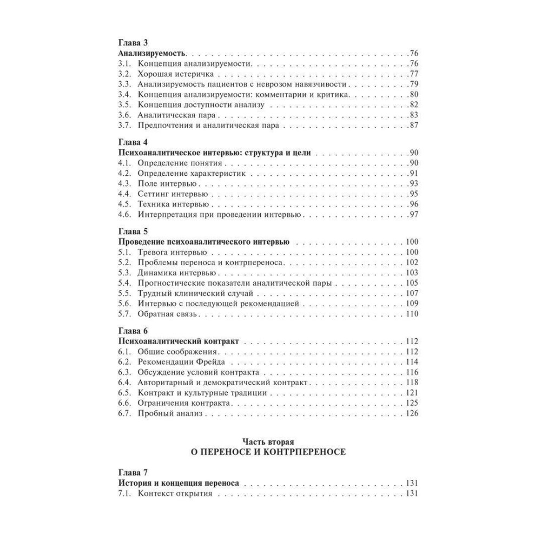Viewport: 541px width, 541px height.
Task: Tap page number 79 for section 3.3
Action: (x=414, y=84)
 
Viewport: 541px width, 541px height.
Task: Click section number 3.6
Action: (x=124, y=115)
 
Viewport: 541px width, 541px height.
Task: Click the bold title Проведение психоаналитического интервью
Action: (x=203, y=242)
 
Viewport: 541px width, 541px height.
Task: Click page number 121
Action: (x=412, y=393)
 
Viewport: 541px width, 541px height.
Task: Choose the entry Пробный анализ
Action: (x=169, y=414)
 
